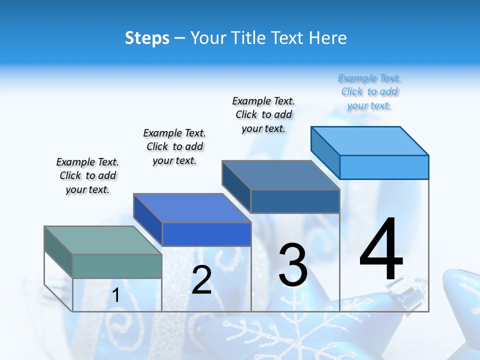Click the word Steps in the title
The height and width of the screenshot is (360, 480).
coord(147,38)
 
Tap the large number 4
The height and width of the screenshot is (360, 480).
coord(381,250)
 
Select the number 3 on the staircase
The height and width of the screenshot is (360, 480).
coord(293,265)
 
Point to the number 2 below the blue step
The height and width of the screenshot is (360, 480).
coord(201,280)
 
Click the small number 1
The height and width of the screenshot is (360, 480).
coord(115,295)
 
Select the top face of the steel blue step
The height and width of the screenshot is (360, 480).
coord(280,175)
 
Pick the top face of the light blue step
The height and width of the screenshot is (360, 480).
coord(370,140)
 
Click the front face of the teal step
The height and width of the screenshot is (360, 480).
coord(117,266)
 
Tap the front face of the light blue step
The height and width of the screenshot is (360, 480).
coord(384,167)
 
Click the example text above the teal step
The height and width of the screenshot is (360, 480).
coord(87,175)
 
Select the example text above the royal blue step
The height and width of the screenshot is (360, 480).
coord(174,146)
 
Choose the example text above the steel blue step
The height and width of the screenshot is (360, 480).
coord(263,114)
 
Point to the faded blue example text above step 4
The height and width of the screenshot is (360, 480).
coord(369,92)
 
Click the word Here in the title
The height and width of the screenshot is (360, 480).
coord(328,38)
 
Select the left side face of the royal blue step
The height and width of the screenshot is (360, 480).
coord(148,220)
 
